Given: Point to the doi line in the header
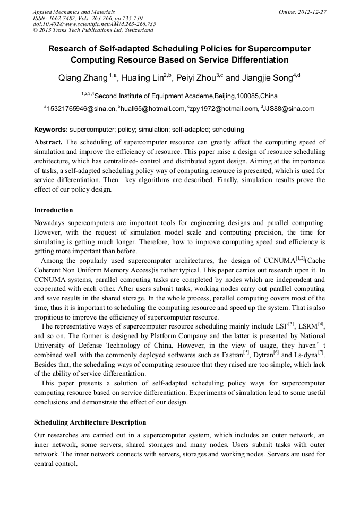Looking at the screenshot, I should [94, 24].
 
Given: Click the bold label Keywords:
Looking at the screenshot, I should [51, 130].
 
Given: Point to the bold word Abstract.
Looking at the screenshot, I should [48, 142].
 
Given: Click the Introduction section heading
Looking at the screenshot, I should [54, 210].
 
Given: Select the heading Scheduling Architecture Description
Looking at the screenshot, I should [90, 422].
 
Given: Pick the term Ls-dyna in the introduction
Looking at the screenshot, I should [306, 355].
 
